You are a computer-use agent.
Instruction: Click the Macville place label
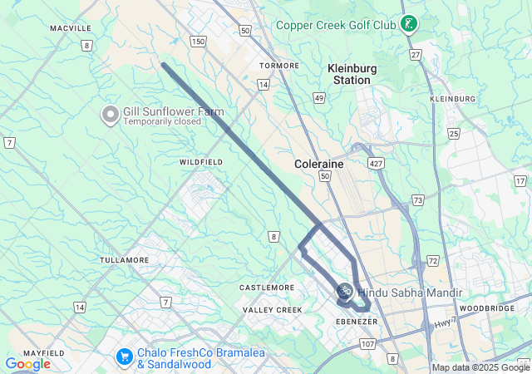coord(71,28)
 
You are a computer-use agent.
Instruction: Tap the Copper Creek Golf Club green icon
coord(408,23)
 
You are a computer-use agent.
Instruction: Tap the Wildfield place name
coord(201,161)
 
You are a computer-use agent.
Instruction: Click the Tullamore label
coord(124,260)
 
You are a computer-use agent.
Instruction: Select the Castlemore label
coord(267,288)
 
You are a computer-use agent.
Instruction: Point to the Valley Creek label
coord(272,310)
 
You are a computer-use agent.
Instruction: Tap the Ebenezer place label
coord(357,321)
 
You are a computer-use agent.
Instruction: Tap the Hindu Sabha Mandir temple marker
coord(344,291)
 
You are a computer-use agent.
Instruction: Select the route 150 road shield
coord(198,41)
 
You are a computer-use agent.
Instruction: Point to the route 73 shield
coord(417,200)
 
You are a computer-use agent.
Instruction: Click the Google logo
coord(27,364)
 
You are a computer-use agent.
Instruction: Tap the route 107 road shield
coord(368,343)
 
